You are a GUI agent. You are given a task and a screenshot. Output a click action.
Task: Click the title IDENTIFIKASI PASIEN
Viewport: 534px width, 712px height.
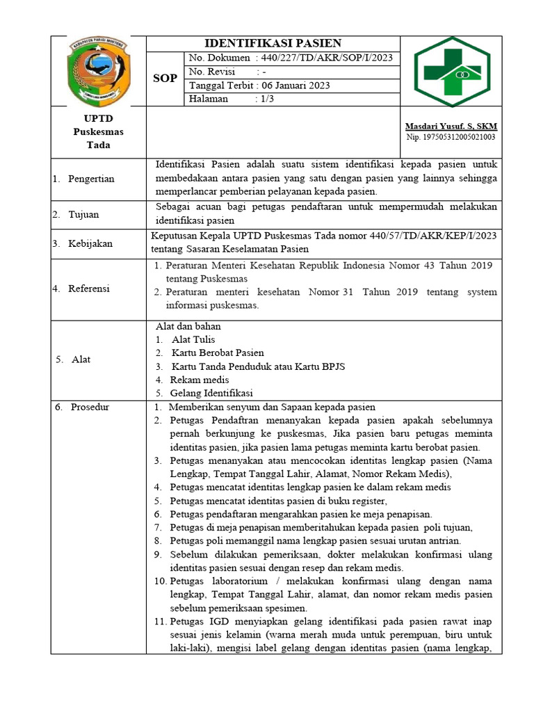pos(273,43)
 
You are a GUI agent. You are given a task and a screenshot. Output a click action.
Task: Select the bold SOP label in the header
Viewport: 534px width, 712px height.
pos(165,79)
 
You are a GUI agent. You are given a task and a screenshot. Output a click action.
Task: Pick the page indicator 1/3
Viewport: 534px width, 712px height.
pos(267,99)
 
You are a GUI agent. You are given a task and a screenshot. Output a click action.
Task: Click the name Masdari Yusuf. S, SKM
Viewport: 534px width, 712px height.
pos(451,126)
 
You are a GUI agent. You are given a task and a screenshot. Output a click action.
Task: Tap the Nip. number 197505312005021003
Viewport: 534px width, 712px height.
pos(451,137)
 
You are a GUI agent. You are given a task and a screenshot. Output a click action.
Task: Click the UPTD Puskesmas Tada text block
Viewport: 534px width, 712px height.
pos(98,131)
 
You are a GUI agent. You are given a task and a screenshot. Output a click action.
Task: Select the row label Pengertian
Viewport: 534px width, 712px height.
pos(91,179)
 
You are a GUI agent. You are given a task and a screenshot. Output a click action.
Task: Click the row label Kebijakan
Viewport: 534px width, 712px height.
pos(90,244)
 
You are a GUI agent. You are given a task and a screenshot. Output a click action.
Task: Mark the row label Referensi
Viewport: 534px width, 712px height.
pos(89,289)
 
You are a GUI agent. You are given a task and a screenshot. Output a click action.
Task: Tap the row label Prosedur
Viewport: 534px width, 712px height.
pos(89,407)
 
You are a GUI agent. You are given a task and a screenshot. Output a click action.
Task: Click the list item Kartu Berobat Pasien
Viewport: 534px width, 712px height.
pos(217,353)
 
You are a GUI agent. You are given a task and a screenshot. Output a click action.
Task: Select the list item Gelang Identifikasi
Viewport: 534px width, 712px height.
pos(211,393)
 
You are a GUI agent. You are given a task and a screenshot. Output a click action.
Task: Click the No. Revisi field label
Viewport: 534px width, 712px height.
pos(212,72)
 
